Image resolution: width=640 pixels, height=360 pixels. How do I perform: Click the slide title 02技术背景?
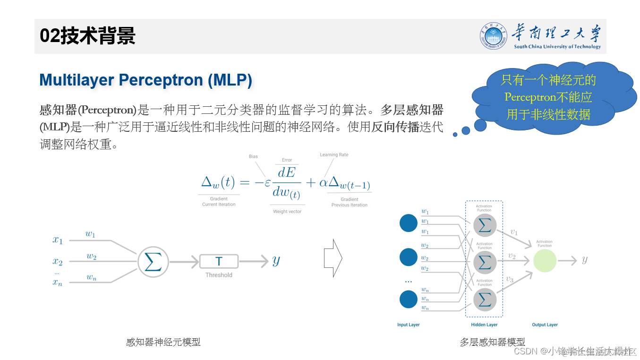(x=87, y=36)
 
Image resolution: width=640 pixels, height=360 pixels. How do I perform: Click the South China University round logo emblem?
(x=494, y=36)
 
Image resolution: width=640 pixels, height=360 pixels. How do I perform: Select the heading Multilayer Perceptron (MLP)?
(x=145, y=80)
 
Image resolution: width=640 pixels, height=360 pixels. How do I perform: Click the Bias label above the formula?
(x=253, y=156)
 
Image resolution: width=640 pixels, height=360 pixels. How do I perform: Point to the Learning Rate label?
(x=333, y=154)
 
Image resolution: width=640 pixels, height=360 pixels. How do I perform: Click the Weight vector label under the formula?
(x=287, y=211)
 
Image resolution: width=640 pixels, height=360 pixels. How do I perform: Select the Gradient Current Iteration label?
(x=218, y=202)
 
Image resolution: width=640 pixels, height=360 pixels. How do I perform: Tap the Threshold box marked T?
(x=219, y=261)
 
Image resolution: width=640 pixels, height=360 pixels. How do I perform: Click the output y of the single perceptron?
(x=276, y=260)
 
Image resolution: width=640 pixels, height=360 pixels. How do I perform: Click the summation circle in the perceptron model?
(x=153, y=261)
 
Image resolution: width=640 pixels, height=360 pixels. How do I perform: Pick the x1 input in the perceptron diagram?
(x=58, y=240)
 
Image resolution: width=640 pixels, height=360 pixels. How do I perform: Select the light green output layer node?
(x=545, y=260)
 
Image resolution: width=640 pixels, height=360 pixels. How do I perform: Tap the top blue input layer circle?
(x=409, y=223)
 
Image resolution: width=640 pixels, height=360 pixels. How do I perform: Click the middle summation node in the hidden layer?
(x=485, y=262)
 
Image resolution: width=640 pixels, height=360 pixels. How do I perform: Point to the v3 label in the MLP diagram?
(x=510, y=279)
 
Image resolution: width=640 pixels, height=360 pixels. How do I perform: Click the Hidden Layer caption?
(x=484, y=325)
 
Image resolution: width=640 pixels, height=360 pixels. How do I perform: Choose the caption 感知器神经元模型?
(x=163, y=342)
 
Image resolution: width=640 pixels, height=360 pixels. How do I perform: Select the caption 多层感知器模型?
(x=492, y=342)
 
